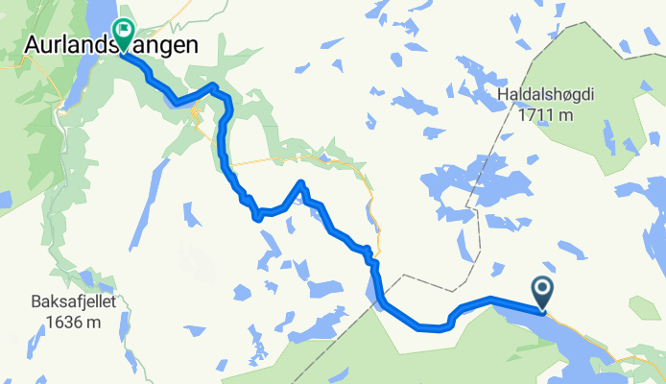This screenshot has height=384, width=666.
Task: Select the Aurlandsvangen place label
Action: pyautogui.click(x=111, y=44)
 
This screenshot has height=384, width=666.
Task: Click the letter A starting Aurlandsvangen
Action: pyautogui.click(x=30, y=44)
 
